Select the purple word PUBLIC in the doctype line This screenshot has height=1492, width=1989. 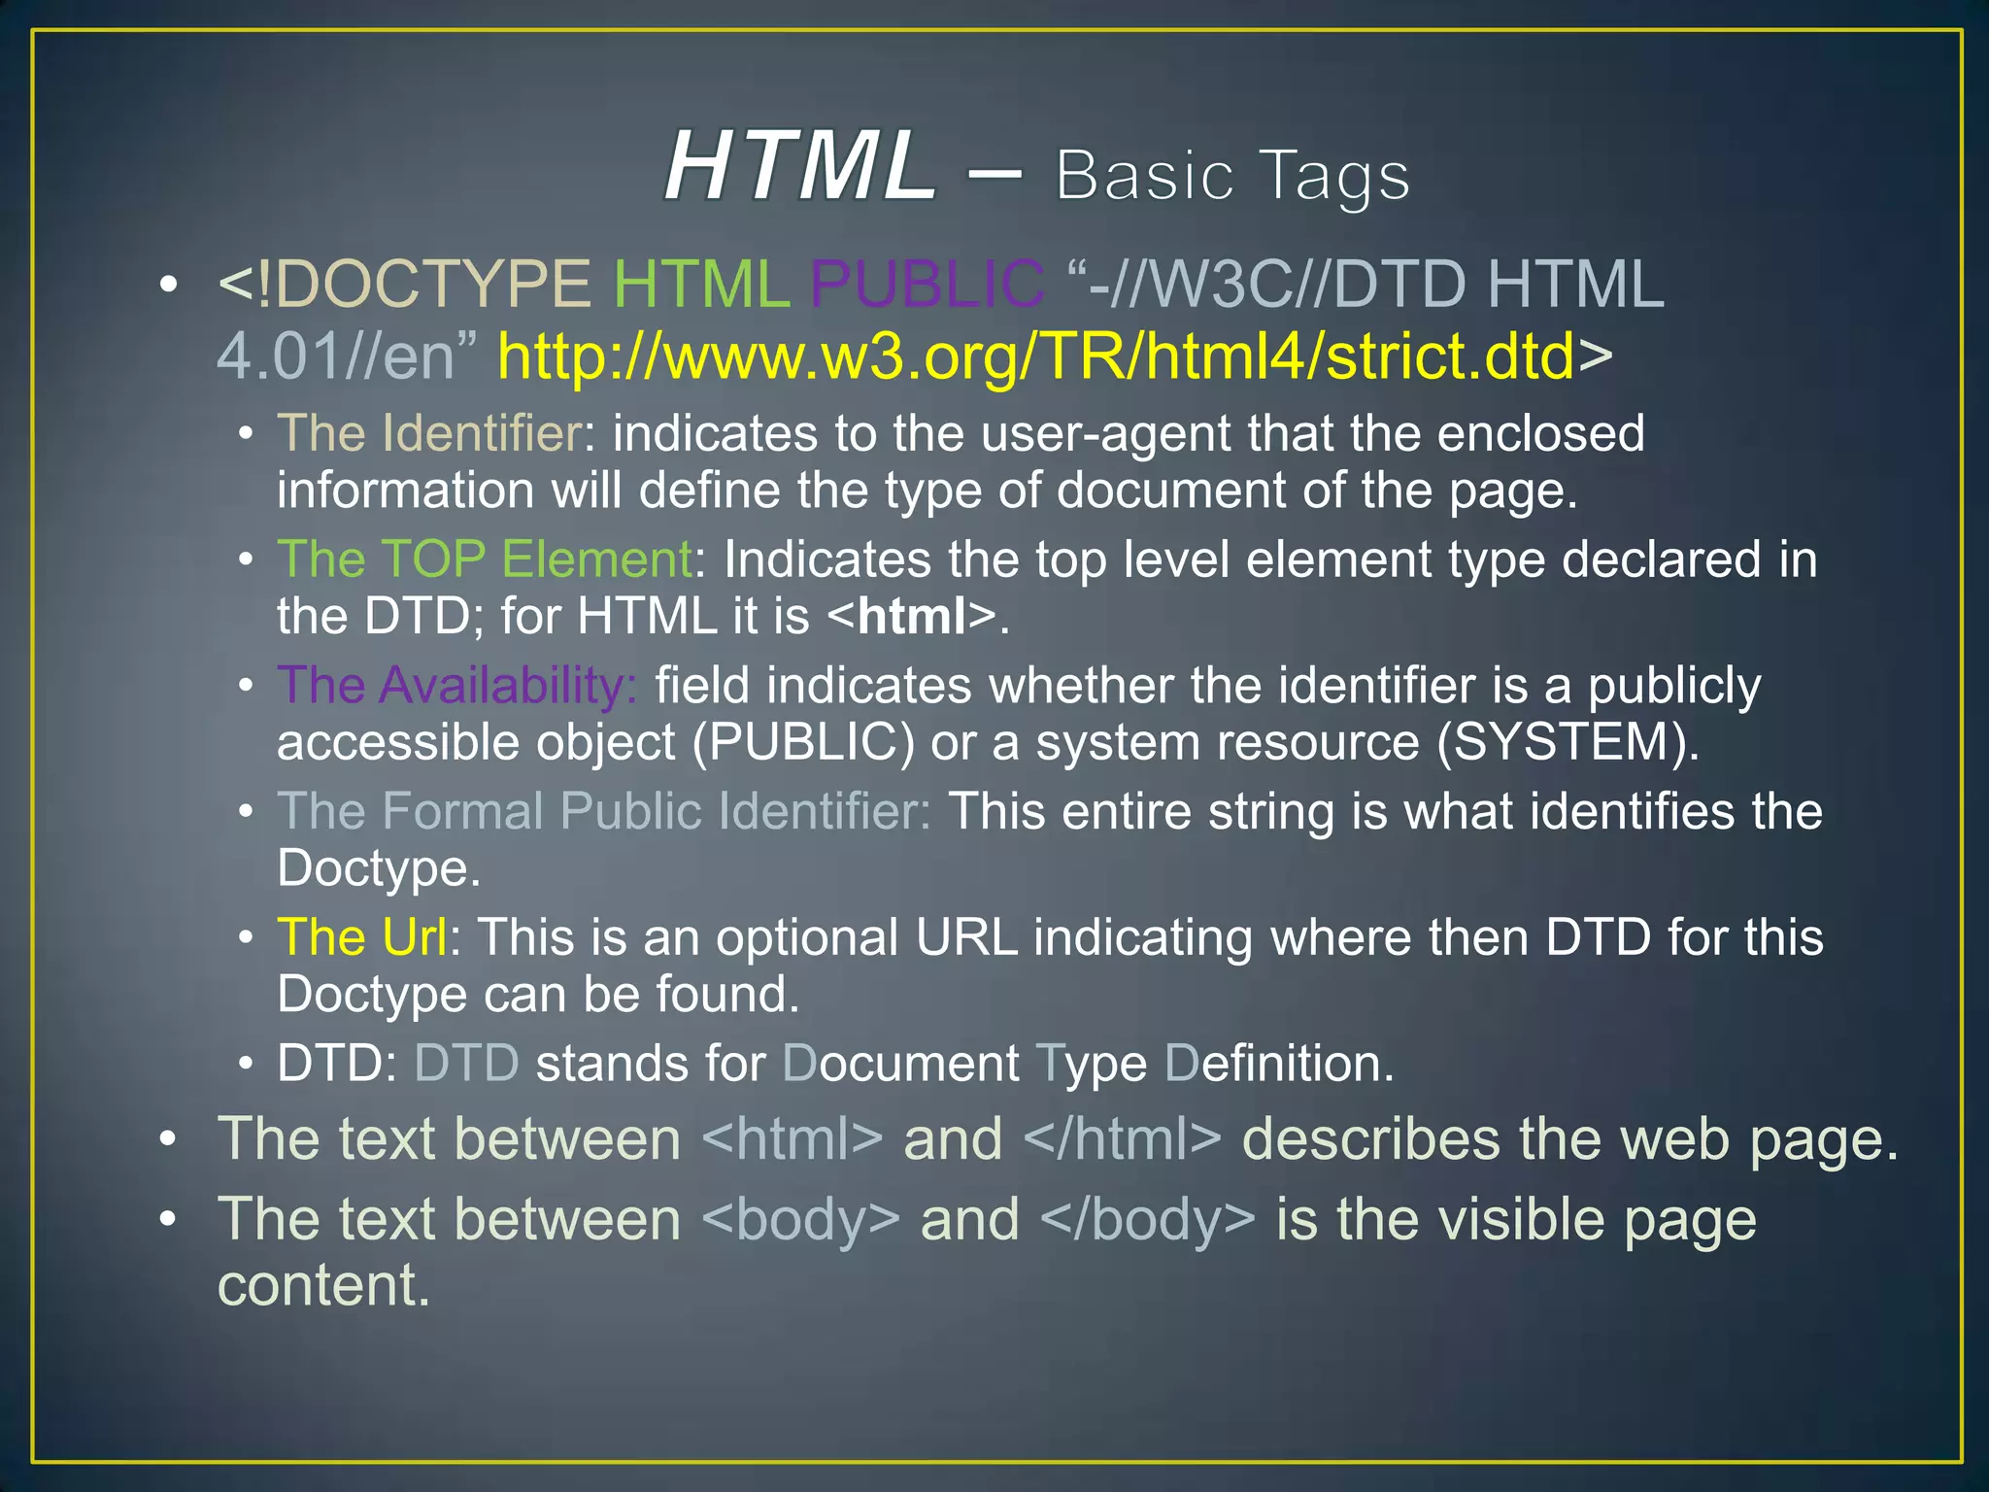pyautogui.click(x=927, y=285)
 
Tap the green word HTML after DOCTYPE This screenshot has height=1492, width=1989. pyautogui.click(x=701, y=285)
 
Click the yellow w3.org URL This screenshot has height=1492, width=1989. pyautogui.click(x=1035, y=356)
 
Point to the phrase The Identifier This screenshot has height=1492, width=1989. pyautogui.click(x=430, y=433)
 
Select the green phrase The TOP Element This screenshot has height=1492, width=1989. pyautogui.click(x=485, y=559)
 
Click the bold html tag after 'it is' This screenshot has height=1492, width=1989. pyautogui.click(x=913, y=617)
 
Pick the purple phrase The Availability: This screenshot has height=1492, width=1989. pyautogui.click(x=457, y=686)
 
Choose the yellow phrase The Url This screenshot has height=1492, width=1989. pyautogui.click(x=362, y=937)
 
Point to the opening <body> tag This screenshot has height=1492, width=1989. pyautogui.click(x=800, y=1220)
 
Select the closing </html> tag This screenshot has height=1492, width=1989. pyautogui.click(x=1122, y=1139)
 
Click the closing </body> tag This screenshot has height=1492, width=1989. pyautogui.click(x=1147, y=1220)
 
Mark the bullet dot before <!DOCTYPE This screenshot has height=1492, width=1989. pyautogui.click(x=169, y=286)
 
